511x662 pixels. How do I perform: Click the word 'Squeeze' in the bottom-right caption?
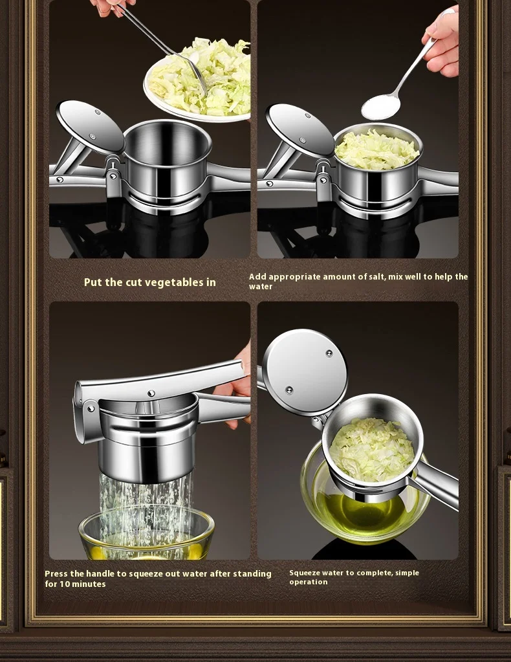pos(303,573)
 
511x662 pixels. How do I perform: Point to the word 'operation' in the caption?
pos(309,582)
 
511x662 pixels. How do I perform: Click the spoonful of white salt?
pos(380,106)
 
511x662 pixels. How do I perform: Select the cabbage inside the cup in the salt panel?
pos(376,149)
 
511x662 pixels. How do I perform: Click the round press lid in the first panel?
pos(90,127)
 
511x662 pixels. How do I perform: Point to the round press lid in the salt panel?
pos(299,130)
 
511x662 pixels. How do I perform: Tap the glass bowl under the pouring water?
pos(146,534)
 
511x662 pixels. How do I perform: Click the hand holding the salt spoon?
pos(441,42)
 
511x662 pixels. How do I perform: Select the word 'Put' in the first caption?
pos(92,282)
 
